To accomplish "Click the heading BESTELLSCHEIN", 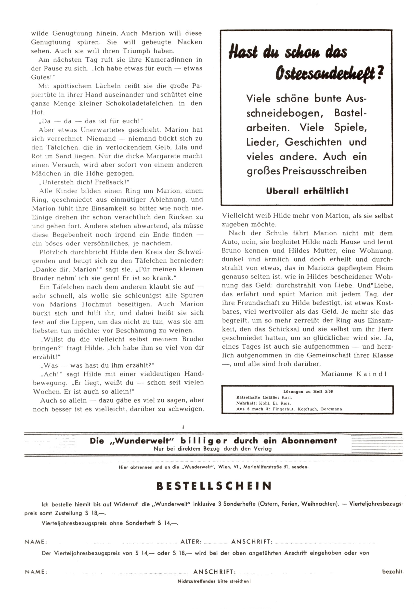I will [214, 486].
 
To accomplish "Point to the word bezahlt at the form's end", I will [392, 571].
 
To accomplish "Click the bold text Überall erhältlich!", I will [307, 191].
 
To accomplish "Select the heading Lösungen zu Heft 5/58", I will [308, 391].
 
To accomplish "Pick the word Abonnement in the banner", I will [309, 441].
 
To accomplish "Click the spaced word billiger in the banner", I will [204, 441].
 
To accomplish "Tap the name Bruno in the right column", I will [231, 250].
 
